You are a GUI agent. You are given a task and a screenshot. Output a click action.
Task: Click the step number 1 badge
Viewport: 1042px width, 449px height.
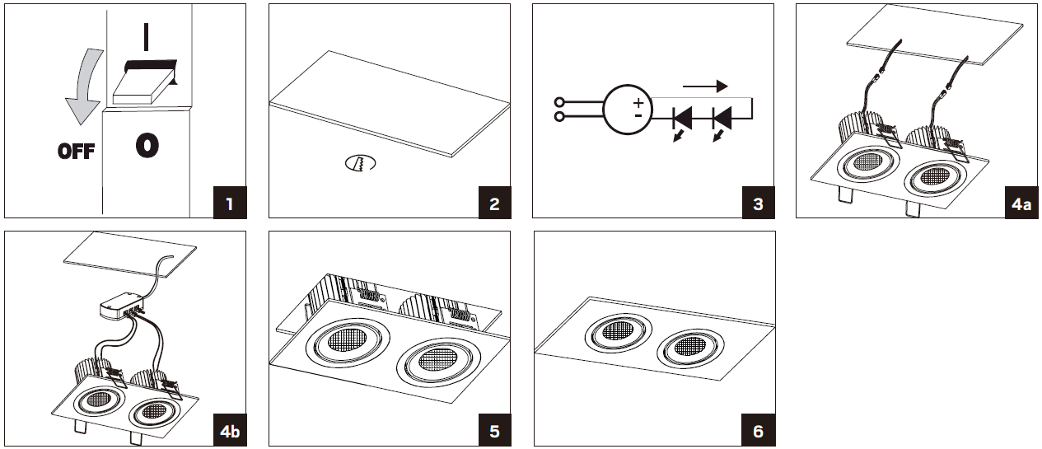click(x=231, y=203)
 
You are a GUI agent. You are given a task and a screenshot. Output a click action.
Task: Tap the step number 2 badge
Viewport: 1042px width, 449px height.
click(x=494, y=203)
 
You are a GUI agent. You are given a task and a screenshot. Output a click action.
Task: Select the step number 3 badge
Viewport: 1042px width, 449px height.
click(x=758, y=203)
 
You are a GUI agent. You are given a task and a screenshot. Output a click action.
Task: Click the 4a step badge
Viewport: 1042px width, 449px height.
click(x=1021, y=203)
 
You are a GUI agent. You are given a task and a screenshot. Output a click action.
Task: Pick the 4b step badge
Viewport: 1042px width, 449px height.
click(x=231, y=431)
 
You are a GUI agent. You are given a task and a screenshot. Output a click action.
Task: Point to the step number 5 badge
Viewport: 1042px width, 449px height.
click(x=494, y=431)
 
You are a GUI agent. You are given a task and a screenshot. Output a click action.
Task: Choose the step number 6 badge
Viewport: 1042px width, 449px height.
click(x=758, y=431)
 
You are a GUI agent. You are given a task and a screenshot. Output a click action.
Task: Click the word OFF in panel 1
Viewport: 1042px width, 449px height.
click(x=76, y=152)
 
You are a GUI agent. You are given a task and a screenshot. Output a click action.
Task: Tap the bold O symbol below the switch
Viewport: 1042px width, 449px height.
click(x=146, y=146)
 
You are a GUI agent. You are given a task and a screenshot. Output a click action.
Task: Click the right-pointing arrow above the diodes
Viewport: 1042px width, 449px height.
click(x=706, y=85)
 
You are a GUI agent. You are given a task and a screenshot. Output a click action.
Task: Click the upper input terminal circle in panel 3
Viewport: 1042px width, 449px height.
click(x=561, y=103)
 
